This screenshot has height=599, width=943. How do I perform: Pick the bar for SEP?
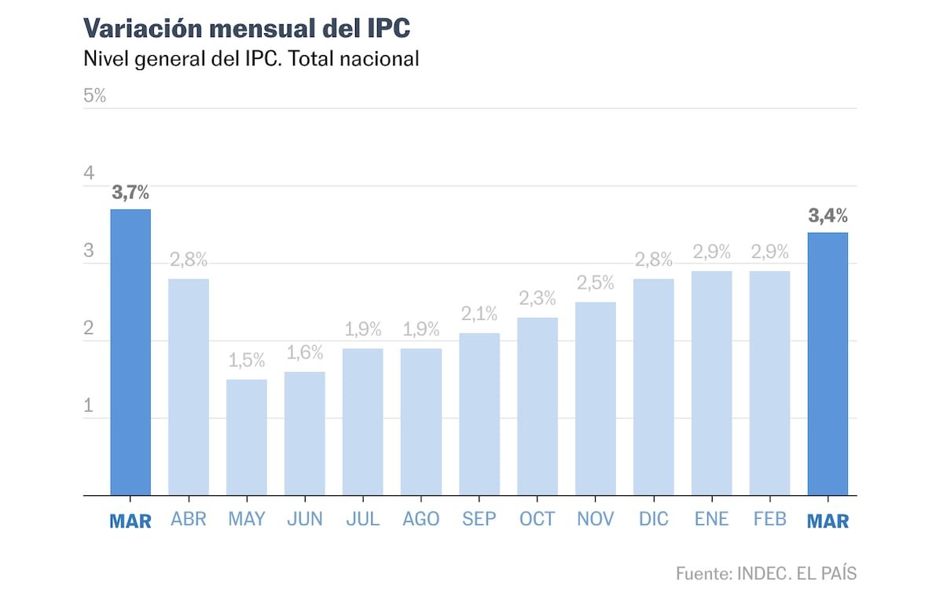(x=479, y=414)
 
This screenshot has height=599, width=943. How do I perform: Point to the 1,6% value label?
(x=305, y=353)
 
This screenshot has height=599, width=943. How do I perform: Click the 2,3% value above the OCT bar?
(x=538, y=299)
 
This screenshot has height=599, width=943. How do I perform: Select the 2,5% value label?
(x=596, y=283)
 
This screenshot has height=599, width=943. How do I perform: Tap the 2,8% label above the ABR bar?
(x=189, y=260)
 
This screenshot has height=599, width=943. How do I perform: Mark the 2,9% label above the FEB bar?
(x=770, y=252)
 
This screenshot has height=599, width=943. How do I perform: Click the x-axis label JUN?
(x=305, y=520)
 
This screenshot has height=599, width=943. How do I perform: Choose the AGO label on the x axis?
(x=421, y=520)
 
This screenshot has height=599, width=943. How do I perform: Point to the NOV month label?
(x=596, y=520)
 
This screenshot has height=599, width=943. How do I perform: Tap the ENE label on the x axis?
(x=712, y=520)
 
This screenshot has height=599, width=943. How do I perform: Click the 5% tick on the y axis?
(x=94, y=97)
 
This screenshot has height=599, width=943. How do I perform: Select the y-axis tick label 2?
(x=89, y=329)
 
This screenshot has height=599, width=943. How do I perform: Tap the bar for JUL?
(x=363, y=422)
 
